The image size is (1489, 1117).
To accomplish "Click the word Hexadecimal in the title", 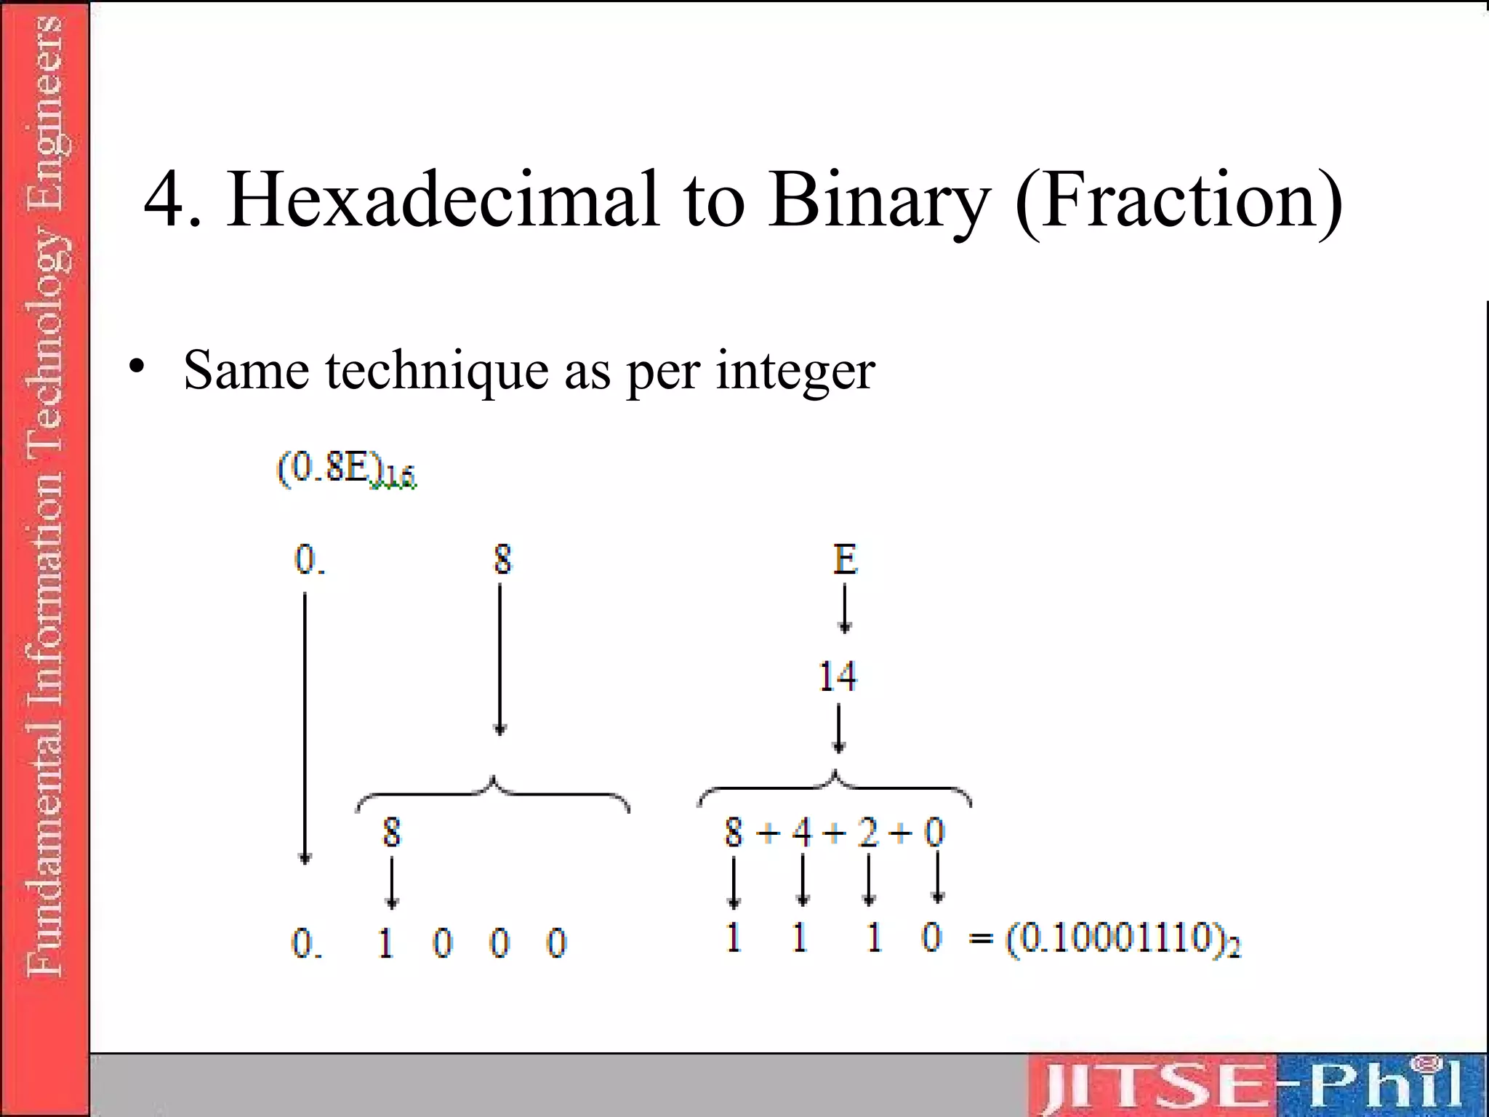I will coord(443,199).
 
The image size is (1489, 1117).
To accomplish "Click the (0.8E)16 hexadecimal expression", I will coord(346,468).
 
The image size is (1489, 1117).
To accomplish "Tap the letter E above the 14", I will coord(845,559).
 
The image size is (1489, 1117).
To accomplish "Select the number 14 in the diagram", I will coord(838,676).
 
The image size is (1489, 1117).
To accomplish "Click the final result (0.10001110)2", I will coord(1123,940).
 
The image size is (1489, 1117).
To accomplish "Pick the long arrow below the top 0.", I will coord(305,727).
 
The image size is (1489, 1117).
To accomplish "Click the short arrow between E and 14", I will coord(844,609).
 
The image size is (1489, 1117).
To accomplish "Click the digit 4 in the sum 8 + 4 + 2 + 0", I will coord(801,832).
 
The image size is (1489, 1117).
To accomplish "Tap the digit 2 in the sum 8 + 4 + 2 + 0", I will coord(867,832).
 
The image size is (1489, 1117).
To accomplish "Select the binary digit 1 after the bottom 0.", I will coord(386,943).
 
